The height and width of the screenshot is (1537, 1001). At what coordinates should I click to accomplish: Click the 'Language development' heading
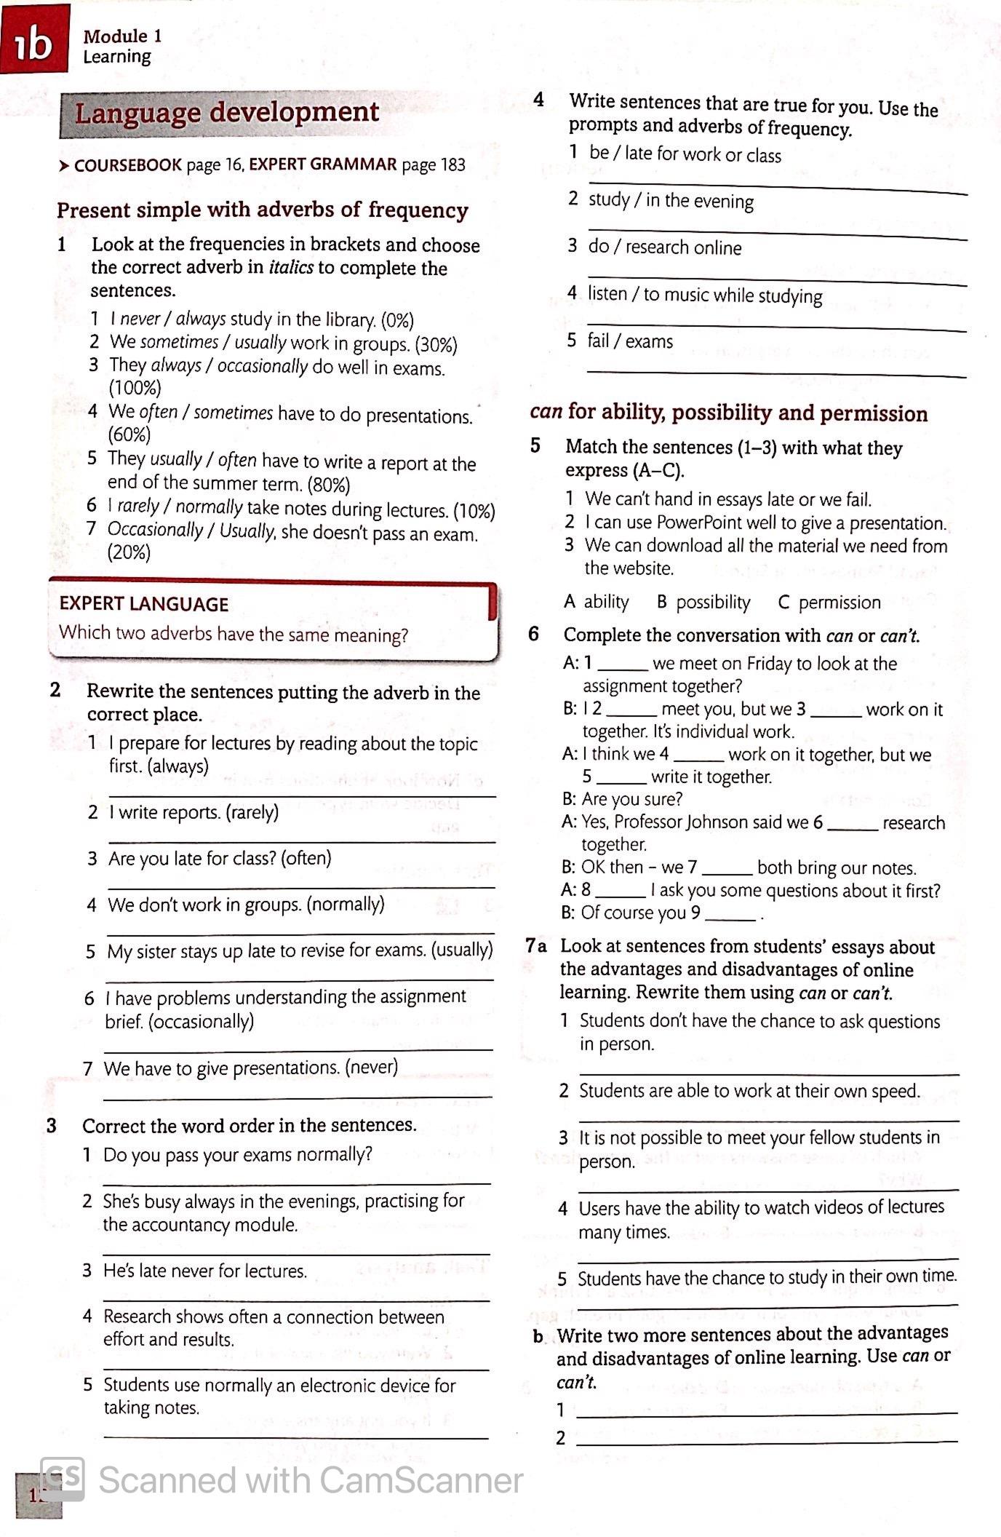[226, 113]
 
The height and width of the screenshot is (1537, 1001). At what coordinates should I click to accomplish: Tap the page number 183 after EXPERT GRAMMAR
[452, 165]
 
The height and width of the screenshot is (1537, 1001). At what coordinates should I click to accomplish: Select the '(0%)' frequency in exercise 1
[398, 321]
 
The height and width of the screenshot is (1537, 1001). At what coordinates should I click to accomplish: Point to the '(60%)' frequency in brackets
[129, 435]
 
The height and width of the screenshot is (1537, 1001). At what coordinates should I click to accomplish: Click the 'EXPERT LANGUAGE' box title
[144, 604]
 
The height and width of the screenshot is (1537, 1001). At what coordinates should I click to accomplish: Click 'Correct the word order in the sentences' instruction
[249, 1126]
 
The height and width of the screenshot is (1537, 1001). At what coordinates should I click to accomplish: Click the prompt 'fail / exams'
[630, 341]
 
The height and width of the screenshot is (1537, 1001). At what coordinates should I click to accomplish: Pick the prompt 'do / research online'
[665, 247]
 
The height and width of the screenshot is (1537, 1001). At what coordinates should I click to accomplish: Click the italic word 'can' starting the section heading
[546, 412]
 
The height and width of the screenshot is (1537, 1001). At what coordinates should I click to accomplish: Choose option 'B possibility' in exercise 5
[703, 603]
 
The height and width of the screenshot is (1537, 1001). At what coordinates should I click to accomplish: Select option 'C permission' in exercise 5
[829, 603]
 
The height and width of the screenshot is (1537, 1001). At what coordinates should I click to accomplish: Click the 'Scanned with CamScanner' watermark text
[310, 1480]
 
